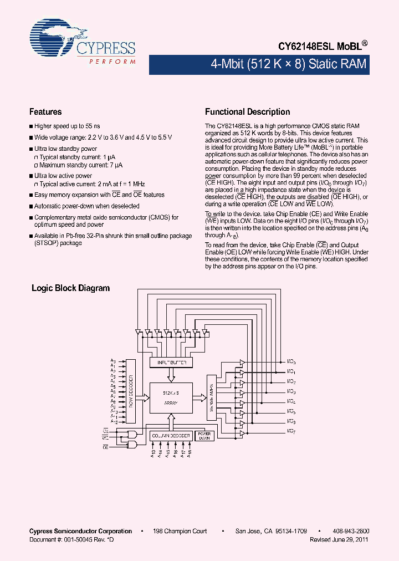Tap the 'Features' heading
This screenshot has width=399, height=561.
pos(45,111)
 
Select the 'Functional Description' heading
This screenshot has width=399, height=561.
pos(247,111)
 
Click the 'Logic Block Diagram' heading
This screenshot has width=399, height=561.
pos(70,288)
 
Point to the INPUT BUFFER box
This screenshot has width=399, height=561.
pos(172,363)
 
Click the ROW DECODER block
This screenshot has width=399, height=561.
pos(131,391)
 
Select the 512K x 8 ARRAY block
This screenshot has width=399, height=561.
pos(170,397)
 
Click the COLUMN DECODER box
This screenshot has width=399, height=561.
pos(171,436)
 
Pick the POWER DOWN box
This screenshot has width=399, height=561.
pos(205,436)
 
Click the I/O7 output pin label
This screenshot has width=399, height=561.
pos(291,431)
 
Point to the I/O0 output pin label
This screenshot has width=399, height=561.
pos(291,362)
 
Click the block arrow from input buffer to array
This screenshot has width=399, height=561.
pos(171,375)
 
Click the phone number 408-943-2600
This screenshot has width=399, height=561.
pos(353,531)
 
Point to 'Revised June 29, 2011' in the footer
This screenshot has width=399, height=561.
pos(339,539)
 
